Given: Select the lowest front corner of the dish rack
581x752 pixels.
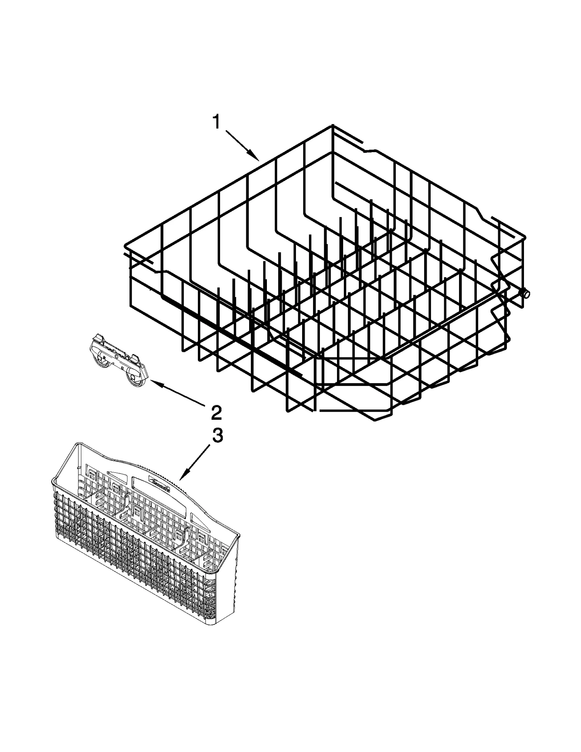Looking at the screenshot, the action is coord(375,420).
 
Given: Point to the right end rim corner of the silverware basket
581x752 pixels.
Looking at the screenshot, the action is coord(239,535).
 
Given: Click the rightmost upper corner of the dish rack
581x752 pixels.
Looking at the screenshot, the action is coord(525,235).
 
